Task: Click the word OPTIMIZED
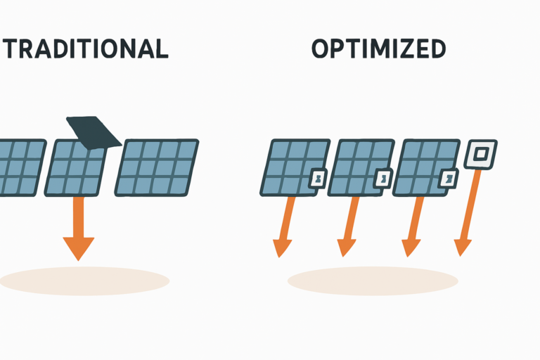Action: coord(378,49)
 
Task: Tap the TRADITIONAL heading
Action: coord(84,49)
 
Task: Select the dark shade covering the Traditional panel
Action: coord(96,131)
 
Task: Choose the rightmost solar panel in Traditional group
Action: coord(157,167)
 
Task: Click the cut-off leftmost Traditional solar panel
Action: coord(20,167)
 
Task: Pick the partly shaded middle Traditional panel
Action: coord(75,172)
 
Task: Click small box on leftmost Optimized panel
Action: coord(319,180)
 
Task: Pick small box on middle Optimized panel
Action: coord(383,180)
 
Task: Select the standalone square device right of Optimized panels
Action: coord(482,153)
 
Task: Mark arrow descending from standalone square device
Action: coord(469,211)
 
